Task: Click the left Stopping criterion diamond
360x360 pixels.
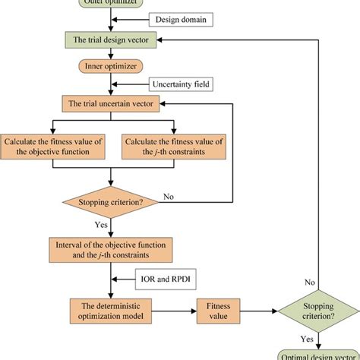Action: coord(112,202)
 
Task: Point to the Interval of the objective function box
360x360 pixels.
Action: coord(112,249)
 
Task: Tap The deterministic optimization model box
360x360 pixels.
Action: coord(112,311)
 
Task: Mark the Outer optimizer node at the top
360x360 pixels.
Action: coord(112,3)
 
